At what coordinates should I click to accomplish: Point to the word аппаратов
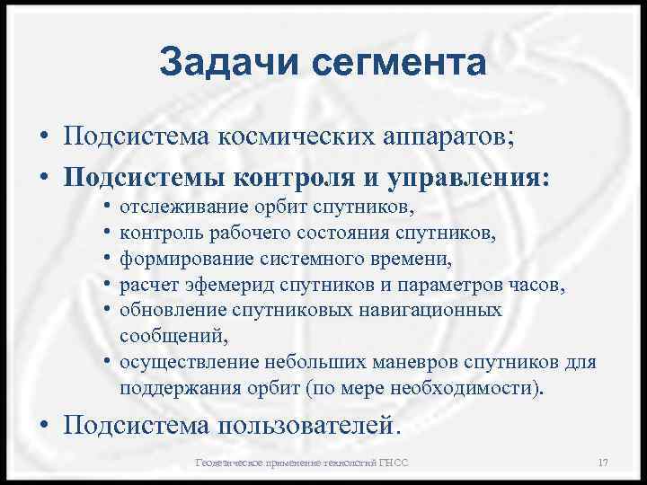coord(435,140)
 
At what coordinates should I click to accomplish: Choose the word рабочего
coord(250,234)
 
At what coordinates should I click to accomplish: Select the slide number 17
coord(603,463)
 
